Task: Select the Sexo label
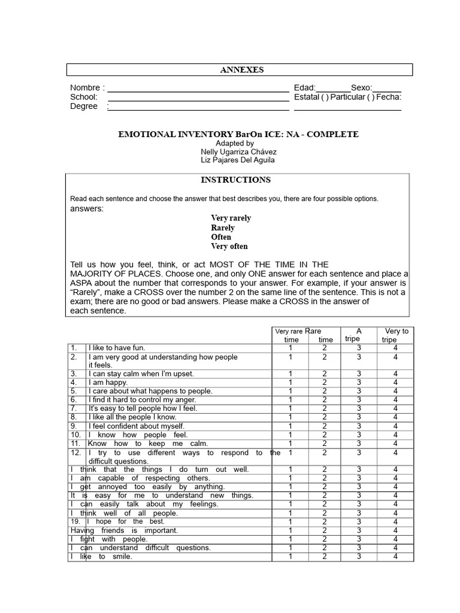pyautogui.click(x=361, y=88)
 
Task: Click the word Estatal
pyautogui.click(x=307, y=97)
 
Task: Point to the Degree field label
pyautogui.click(x=83, y=106)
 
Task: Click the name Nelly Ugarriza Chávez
pyautogui.click(x=238, y=152)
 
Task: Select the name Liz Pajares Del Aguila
pyautogui.click(x=238, y=160)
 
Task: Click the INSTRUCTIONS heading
pyautogui.click(x=235, y=180)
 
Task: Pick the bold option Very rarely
pyautogui.click(x=231, y=218)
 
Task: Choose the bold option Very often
pyautogui.click(x=229, y=246)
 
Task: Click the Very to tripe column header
pyautogui.click(x=395, y=335)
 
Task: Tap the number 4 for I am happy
pyautogui.click(x=395, y=382)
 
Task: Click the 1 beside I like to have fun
pyautogui.click(x=290, y=348)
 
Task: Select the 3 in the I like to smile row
pyautogui.click(x=359, y=556)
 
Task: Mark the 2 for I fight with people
pyautogui.click(x=324, y=539)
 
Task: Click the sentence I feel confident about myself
pyautogui.click(x=137, y=426)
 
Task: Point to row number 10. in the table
pyautogui.click(x=75, y=435)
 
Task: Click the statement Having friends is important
pyautogui.click(x=124, y=530)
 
